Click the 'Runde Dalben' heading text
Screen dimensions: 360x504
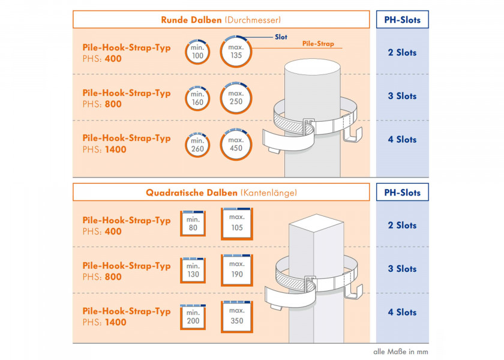click(x=191, y=20)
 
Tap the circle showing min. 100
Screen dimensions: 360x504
click(x=197, y=53)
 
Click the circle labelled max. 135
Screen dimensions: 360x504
click(x=236, y=51)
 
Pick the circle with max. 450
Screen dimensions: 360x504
click(x=236, y=145)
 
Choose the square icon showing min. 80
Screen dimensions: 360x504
click(x=193, y=224)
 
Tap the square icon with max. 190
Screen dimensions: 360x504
click(x=236, y=269)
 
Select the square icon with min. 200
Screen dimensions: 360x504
click(x=193, y=317)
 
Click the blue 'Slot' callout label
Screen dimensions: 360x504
click(x=281, y=37)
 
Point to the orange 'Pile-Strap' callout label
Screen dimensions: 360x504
click(x=317, y=44)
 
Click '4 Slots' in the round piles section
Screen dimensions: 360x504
click(x=402, y=140)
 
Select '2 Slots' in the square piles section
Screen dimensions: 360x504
click(x=402, y=226)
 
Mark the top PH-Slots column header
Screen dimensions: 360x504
click(x=402, y=20)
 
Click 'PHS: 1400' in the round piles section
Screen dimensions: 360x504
click(x=104, y=149)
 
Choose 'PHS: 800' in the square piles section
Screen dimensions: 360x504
click(x=102, y=277)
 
